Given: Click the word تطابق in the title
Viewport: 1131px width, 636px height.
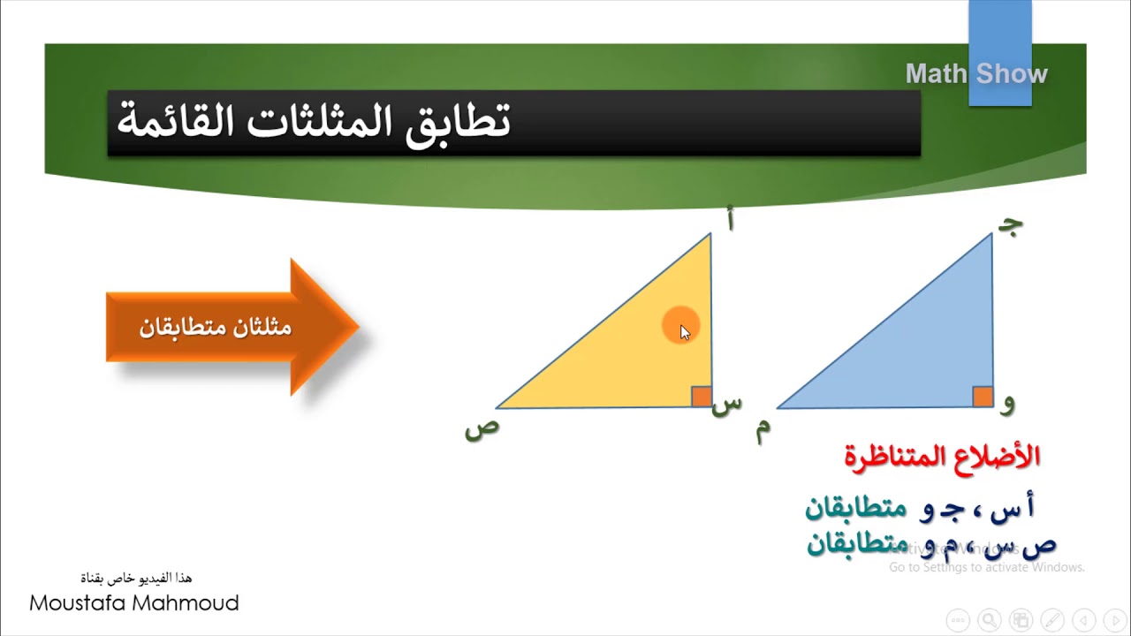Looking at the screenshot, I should tap(457, 122).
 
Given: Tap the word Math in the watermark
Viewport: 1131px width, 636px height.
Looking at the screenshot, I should tap(936, 74).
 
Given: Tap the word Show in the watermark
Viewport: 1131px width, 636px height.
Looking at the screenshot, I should tap(1012, 74).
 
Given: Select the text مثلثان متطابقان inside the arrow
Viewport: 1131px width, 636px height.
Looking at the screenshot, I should tap(215, 328).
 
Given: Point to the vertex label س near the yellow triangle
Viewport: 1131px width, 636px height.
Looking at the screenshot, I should tap(726, 404).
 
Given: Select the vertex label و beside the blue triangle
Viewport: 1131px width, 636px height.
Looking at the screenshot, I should tap(1008, 404).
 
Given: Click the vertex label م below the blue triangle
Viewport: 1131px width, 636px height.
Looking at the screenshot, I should tap(762, 429).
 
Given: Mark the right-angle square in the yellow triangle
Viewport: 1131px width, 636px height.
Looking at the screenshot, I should tap(701, 397).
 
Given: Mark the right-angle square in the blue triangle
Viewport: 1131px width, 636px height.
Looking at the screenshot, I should tap(983, 397).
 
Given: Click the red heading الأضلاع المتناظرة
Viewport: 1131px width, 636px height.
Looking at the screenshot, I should tap(942, 457).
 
